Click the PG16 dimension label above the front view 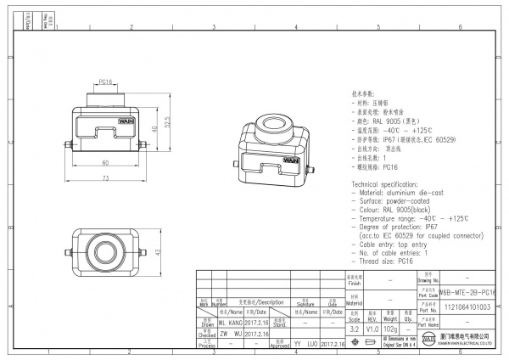(105, 82)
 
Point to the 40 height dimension (155, 129)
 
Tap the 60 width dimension (105, 161)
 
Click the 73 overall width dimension (105, 177)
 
